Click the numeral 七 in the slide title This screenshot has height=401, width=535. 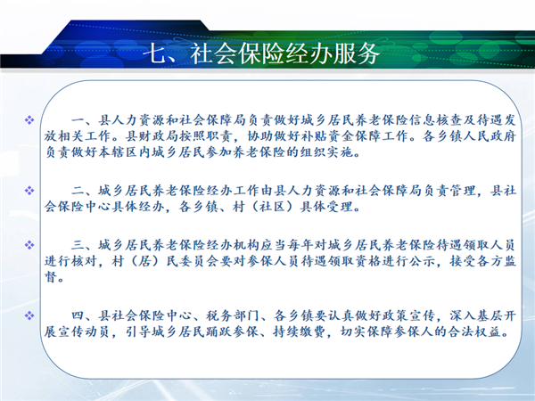tap(154, 53)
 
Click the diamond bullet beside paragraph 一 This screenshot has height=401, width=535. tap(29, 119)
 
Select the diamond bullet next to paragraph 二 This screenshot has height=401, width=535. tap(29, 191)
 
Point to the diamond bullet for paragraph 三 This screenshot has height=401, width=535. tap(29, 245)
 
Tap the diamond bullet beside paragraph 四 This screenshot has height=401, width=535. tap(29, 315)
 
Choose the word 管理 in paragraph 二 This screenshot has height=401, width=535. tap(462, 191)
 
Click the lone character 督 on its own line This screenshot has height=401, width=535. tap(51, 276)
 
